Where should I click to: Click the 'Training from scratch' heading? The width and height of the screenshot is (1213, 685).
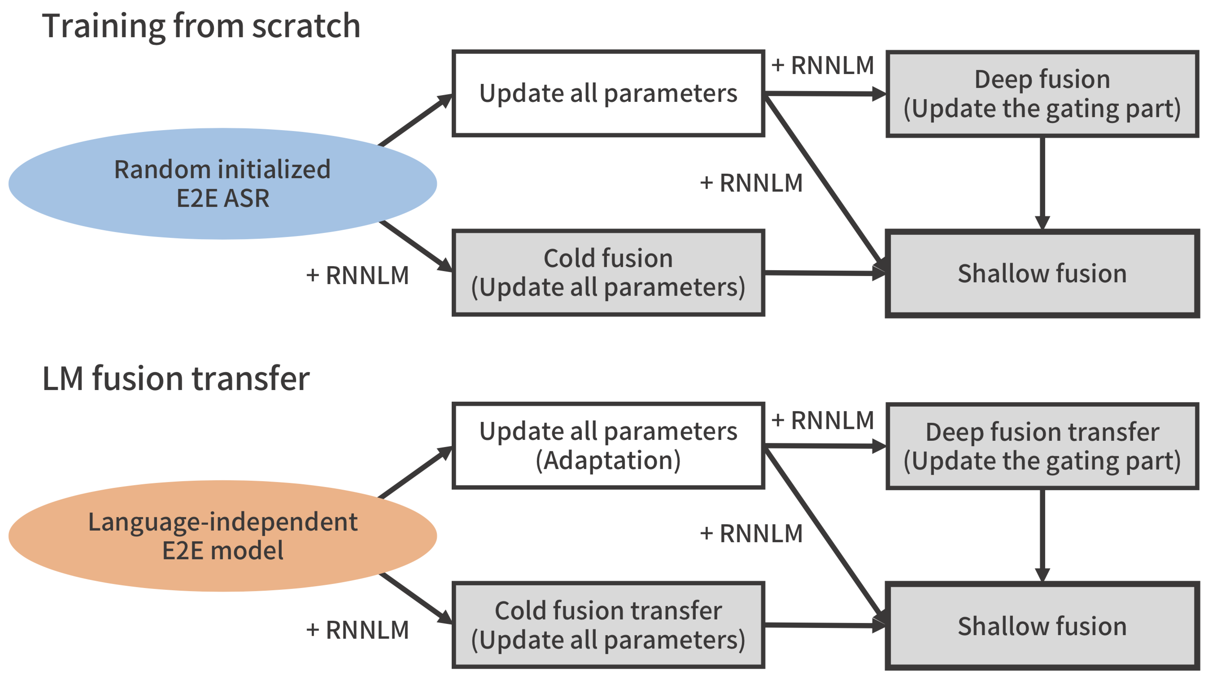coord(201,26)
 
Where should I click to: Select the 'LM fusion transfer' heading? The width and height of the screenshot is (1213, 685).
coord(176,378)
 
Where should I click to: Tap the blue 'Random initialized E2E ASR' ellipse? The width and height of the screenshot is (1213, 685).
coord(223,184)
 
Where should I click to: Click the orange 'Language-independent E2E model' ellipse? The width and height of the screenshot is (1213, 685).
coord(223,536)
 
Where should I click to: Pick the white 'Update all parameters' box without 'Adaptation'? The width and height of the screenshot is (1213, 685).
coord(608,93)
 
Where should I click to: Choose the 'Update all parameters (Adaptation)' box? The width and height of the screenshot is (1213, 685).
coord(608,446)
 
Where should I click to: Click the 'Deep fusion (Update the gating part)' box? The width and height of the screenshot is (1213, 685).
coord(1042,94)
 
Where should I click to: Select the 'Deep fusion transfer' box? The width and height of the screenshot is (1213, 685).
coord(1042,446)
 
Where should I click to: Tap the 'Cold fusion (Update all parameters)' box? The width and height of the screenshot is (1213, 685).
coord(608,273)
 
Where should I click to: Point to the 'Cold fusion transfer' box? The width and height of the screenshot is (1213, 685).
coord(608,625)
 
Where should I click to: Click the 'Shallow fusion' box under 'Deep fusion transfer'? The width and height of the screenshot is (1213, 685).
coord(1042,626)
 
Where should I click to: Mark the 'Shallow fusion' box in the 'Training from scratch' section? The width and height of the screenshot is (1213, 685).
coord(1042,274)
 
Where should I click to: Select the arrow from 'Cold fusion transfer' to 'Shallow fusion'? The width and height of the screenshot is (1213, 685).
coord(825,626)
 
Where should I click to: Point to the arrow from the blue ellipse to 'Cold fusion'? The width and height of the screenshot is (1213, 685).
coord(415,246)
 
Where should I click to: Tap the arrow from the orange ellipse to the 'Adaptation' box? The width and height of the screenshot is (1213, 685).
coord(415,472)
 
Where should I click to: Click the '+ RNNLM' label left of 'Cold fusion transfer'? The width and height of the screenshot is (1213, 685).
coord(358,630)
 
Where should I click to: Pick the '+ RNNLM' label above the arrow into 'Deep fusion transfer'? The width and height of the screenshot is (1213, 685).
coord(823,420)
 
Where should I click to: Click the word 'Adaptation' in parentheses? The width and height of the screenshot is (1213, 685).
coord(608,460)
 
